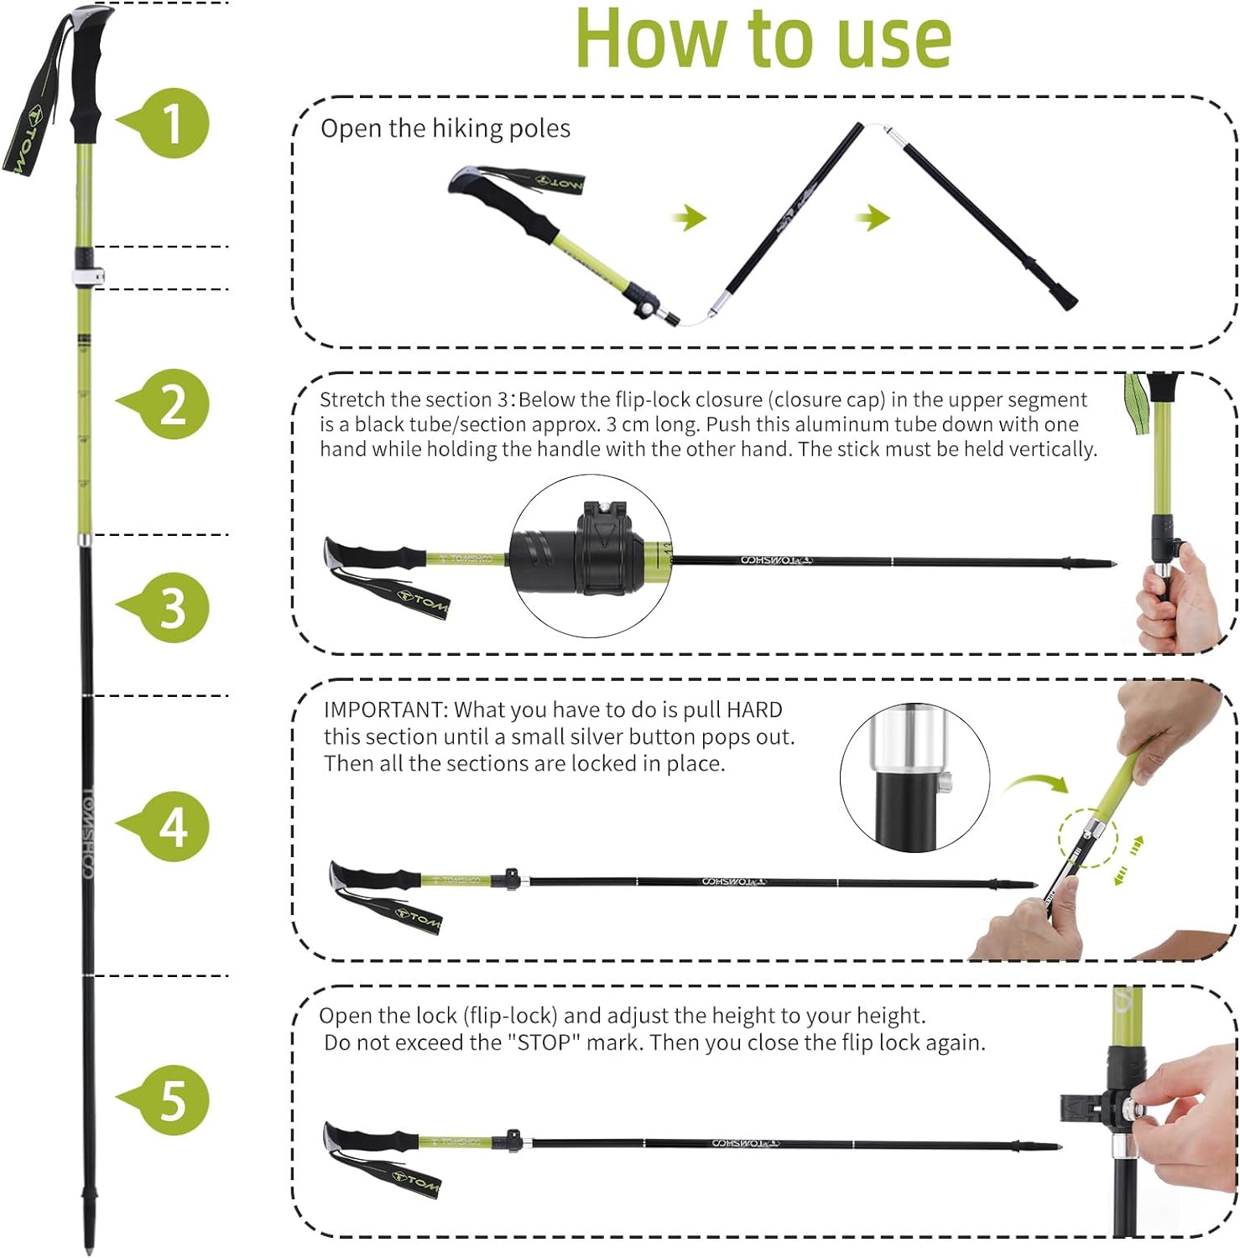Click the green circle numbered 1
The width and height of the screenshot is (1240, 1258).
coord(172,122)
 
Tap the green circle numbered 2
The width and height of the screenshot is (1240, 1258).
coord(172,404)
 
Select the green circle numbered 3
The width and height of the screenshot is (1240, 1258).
coord(172,607)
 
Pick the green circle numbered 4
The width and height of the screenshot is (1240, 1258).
coord(172,827)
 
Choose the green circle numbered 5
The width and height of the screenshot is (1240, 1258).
coord(172,1099)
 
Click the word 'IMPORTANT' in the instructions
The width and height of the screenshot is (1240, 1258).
coord(385,710)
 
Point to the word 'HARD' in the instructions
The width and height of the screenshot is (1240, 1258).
coord(754,710)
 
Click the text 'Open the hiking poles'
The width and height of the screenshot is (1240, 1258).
coord(445,128)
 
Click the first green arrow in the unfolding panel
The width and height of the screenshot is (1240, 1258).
coord(690,218)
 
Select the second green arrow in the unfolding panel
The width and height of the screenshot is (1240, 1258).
coord(873,218)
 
